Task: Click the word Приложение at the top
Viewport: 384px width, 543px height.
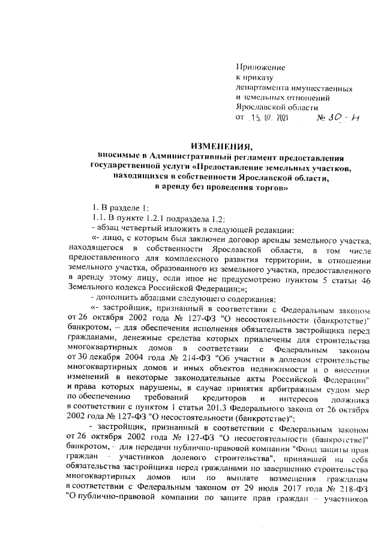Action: [x=260, y=67]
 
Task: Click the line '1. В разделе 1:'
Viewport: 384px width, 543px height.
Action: [x=118, y=209]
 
